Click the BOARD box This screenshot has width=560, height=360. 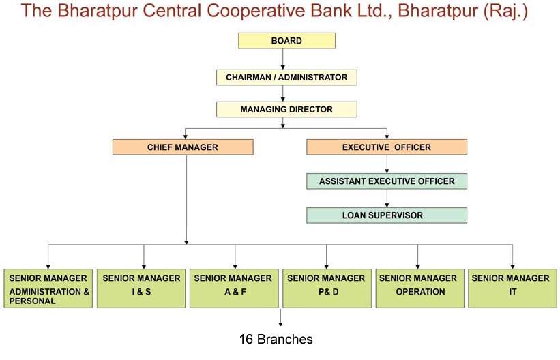click(x=286, y=41)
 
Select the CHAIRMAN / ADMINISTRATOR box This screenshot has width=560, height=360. click(x=286, y=77)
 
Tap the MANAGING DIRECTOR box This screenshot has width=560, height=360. click(x=286, y=109)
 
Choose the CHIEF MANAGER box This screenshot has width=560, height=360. click(x=183, y=147)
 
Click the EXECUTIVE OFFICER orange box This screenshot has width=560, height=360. click(x=387, y=147)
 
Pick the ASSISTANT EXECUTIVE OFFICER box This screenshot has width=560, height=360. click(x=387, y=181)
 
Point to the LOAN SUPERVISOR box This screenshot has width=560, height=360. click(x=387, y=215)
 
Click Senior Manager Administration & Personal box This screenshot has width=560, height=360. click(x=48, y=289)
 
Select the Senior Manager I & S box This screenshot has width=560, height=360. click(x=141, y=289)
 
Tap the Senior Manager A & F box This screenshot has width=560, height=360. click(x=233, y=289)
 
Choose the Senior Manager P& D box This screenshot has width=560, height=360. click(x=325, y=289)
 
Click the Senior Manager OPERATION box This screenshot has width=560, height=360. click(x=418, y=289)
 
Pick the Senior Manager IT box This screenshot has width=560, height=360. click(x=510, y=289)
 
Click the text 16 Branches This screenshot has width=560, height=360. click(x=276, y=339)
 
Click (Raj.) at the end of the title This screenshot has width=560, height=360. click(x=505, y=12)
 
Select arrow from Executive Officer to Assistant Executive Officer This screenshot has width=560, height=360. click(x=387, y=164)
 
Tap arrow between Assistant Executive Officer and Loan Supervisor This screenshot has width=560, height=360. click(x=387, y=198)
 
